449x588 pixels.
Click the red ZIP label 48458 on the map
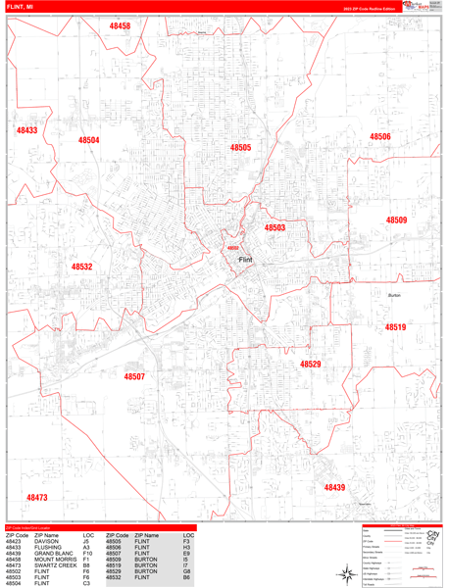click(120, 25)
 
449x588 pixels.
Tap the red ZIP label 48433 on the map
click(26, 130)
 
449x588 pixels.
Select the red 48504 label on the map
click(89, 140)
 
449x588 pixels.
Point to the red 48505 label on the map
click(240, 147)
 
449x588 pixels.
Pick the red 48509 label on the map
click(396, 220)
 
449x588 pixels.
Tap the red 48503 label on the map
click(274, 227)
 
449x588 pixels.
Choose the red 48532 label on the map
click(81, 266)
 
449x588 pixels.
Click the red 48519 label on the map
click(395, 327)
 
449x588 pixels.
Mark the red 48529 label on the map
click(311, 364)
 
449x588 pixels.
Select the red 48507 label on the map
click(134, 376)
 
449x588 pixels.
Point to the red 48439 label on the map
click(335, 487)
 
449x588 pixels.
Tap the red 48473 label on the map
click(37, 498)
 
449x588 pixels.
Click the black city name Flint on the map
click(245, 260)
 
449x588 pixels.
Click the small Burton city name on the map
click(394, 295)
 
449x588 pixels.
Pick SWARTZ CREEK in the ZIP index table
click(55, 564)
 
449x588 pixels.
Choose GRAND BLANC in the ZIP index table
click(55, 553)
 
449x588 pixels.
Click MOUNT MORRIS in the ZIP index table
click(56, 559)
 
